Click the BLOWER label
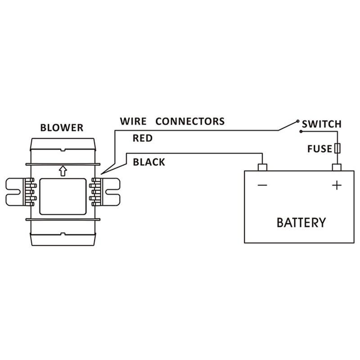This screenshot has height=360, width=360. click(62, 127)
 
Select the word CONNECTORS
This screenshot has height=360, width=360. click(189, 121)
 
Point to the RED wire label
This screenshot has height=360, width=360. click(143, 139)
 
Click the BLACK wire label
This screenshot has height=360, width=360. click(149, 162)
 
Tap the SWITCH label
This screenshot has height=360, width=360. click(321, 124)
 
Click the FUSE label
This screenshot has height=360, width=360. click(319, 148)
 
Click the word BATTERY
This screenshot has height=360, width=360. click(301, 222)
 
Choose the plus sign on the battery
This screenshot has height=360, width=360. click(336, 185)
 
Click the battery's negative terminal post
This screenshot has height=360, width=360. click(262, 167)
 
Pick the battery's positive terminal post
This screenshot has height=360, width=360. click(337, 167)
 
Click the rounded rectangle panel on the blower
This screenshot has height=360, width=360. click(63, 196)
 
